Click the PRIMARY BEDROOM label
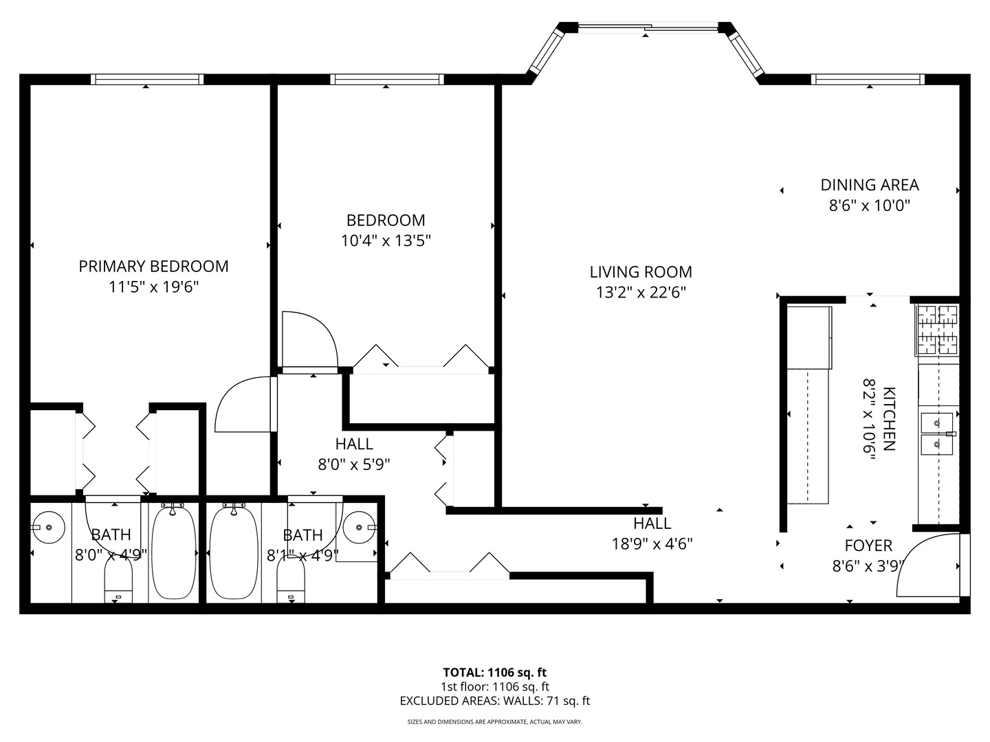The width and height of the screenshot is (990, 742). pos(153,267)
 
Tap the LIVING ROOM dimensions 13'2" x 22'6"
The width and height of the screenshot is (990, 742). pos(641,293)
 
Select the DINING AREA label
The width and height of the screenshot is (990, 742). pos(870,185)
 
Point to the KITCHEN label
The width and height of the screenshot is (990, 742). pos(888,418)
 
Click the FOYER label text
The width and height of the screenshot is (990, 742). pos(868,546)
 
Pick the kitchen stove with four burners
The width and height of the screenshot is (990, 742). pos(938,330)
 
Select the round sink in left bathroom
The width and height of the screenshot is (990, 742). pos(48,527)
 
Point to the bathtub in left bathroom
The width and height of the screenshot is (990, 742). pos(174,552)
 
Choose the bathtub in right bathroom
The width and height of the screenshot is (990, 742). pos(233,552)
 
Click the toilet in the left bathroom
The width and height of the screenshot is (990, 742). pos(118,581)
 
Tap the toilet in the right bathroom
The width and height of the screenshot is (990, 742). pos(291,581)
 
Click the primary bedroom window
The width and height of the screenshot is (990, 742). pos(147,79)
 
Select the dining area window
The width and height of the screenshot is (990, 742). pos(868,79)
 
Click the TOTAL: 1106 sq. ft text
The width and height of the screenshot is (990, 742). pos(495,672)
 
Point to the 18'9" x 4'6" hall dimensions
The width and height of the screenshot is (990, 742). pos(652,543)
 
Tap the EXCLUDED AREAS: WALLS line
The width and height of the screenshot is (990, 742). pos(495,701)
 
